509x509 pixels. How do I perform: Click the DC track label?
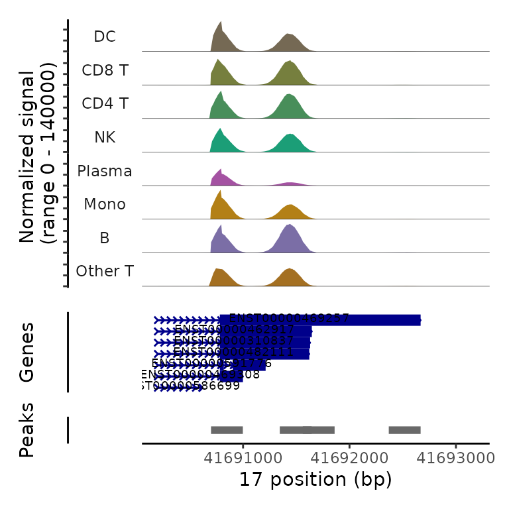coord(105,36)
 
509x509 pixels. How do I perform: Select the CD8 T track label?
coord(105,70)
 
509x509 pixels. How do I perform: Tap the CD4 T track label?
coord(105,104)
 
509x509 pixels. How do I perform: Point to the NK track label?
coord(105,137)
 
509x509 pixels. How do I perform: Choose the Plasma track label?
coord(105,171)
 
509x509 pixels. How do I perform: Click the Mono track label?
coord(105,204)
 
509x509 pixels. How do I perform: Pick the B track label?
coord(105,238)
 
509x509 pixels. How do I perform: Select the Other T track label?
coord(105,271)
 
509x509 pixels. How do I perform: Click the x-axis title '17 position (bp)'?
coord(315,479)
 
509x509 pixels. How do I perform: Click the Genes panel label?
coord(27,353)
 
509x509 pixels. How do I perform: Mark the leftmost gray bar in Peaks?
coord(227,429)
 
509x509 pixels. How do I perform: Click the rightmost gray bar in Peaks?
coord(404,429)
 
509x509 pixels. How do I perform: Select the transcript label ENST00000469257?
coord(289,318)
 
